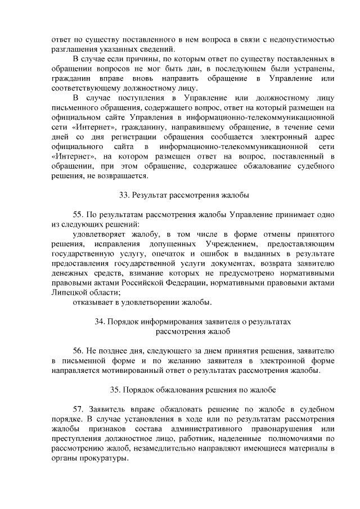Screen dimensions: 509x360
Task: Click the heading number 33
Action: pos(123,195)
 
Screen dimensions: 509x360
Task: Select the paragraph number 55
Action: pos(79,214)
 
